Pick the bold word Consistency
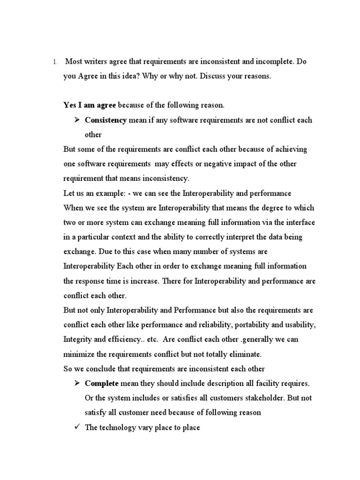(105, 120)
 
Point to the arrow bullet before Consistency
(77, 120)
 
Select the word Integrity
(77, 339)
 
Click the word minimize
(79, 353)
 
